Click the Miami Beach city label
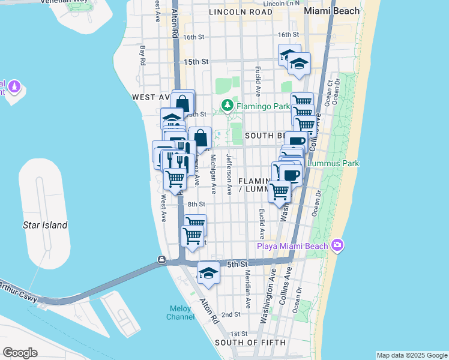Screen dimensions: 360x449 point(332,11)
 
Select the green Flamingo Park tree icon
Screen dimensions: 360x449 point(227,106)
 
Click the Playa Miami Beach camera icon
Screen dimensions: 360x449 point(337,245)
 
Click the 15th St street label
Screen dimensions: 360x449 point(196,62)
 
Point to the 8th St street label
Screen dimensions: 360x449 point(196,205)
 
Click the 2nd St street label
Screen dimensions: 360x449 point(231,314)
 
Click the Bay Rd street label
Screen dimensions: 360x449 point(143,56)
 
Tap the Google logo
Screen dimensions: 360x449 point(20,353)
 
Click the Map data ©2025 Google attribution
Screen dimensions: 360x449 point(411,355)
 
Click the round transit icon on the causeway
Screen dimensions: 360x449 point(161,260)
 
